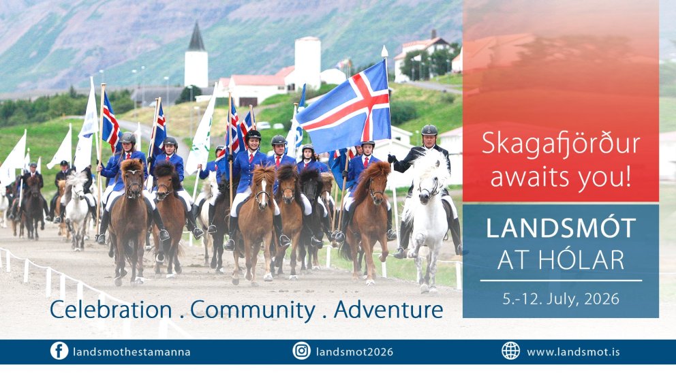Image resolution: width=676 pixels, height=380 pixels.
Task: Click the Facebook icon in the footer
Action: coord(59,351)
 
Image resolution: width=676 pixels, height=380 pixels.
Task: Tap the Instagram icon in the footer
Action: coord(301,351)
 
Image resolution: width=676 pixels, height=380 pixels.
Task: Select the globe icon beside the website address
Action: coord(510,351)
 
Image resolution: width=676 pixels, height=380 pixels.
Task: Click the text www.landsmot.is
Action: coord(573,352)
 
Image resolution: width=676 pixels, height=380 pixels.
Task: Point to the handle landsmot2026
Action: coord(354,352)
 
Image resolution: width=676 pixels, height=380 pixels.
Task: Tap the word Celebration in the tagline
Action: coord(111,310)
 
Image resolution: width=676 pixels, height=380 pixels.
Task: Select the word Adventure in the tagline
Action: coord(388,310)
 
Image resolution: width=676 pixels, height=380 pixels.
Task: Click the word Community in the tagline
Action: coord(253,310)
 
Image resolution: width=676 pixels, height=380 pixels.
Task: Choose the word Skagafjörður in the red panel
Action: coord(561,144)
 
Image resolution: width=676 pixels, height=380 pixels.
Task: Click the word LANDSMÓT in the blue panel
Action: coord(561,229)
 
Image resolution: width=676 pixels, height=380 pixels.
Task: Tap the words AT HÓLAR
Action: coord(561,259)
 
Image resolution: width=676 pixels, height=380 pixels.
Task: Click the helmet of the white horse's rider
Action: coord(429,129)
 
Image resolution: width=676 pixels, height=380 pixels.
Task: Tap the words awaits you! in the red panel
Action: coord(561,176)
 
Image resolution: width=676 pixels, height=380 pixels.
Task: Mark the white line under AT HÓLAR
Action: coord(561,280)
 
